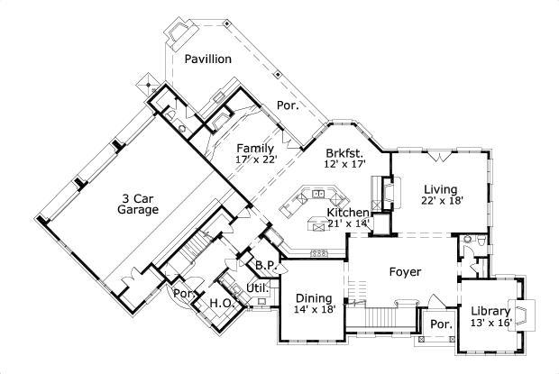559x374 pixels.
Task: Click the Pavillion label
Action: pyautogui.click(x=208, y=59)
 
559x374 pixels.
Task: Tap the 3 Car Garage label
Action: pyautogui.click(x=138, y=203)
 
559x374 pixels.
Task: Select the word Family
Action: pyautogui.click(x=255, y=148)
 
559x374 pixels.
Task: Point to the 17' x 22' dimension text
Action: pyautogui.click(x=256, y=160)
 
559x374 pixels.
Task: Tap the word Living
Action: pyautogui.click(x=442, y=188)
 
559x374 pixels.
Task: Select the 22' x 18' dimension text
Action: pyautogui.click(x=443, y=201)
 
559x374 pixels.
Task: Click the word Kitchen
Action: pyautogui.click(x=347, y=212)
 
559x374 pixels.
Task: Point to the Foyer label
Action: pyautogui.click(x=405, y=271)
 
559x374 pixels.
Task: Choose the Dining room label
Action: pyautogui.click(x=314, y=298)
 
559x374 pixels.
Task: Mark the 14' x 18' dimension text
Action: pyautogui.click(x=314, y=310)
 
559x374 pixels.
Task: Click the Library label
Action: pyautogui.click(x=490, y=312)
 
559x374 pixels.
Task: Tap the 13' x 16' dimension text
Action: pyautogui.click(x=491, y=324)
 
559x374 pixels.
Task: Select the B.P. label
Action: pyautogui.click(x=264, y=266)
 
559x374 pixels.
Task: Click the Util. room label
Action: pyautogui.click(x=258, y=288)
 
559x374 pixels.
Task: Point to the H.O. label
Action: pyautogui.click(x=222, y=304)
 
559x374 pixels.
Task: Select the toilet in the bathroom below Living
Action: pyautogui.click(x=481, y=243)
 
